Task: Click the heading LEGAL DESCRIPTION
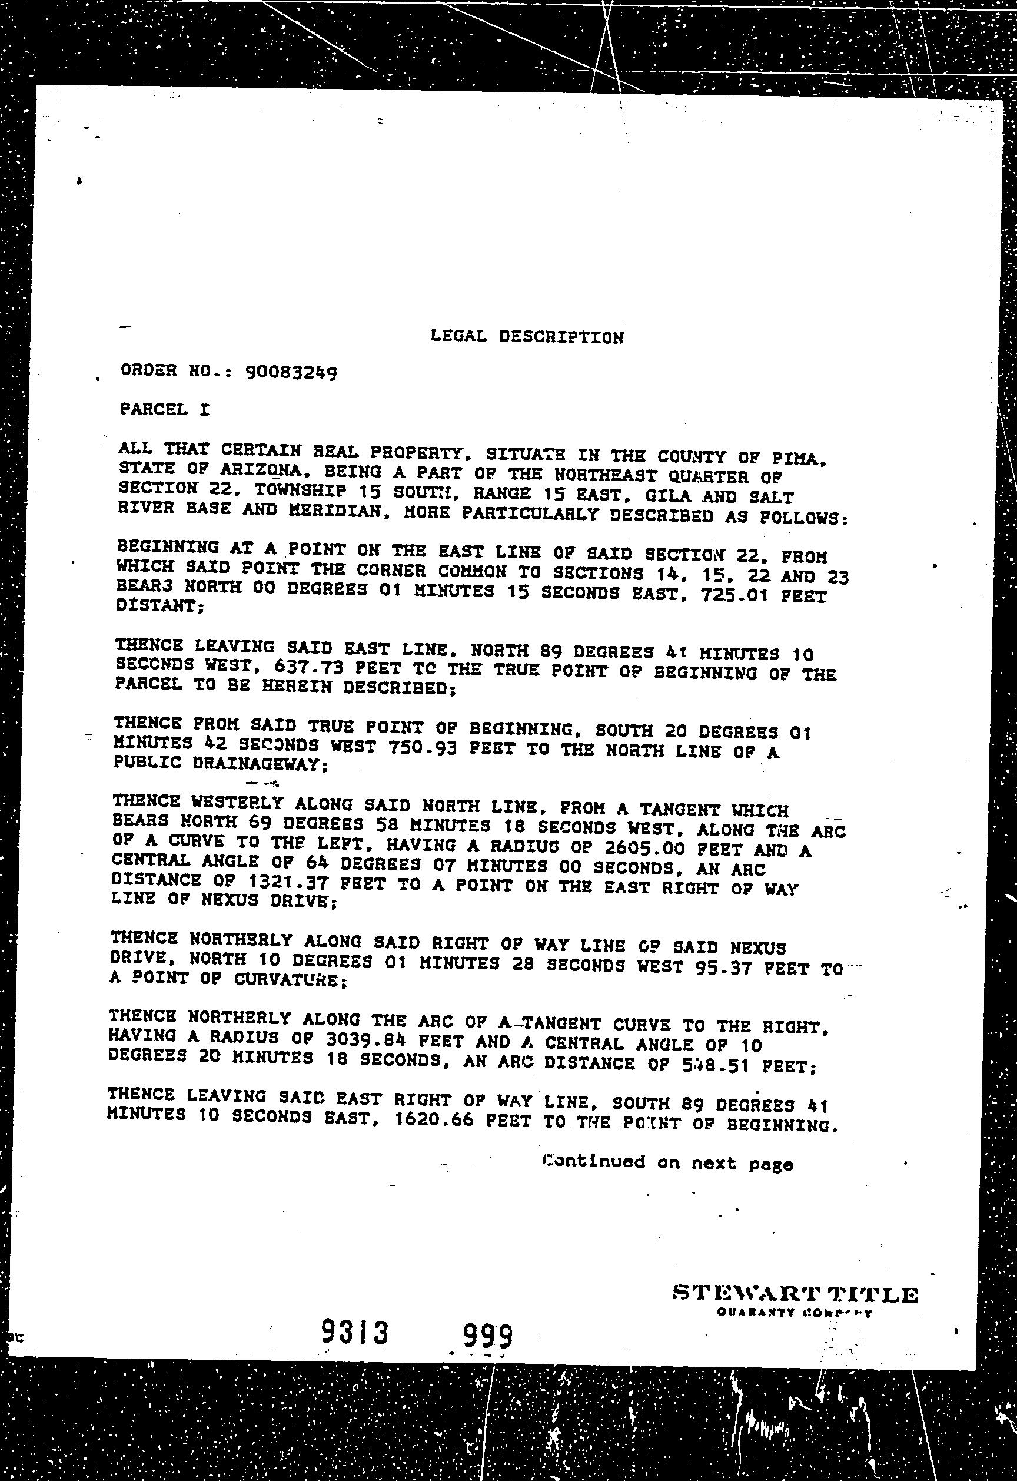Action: tap(526, 337)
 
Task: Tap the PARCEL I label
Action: tap(164, 409)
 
